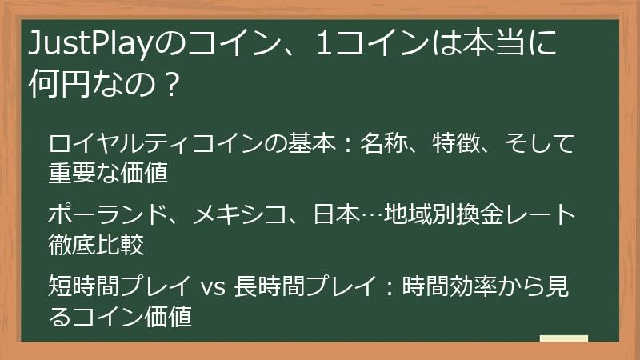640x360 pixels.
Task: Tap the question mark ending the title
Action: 167,82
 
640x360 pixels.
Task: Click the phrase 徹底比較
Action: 95,243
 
